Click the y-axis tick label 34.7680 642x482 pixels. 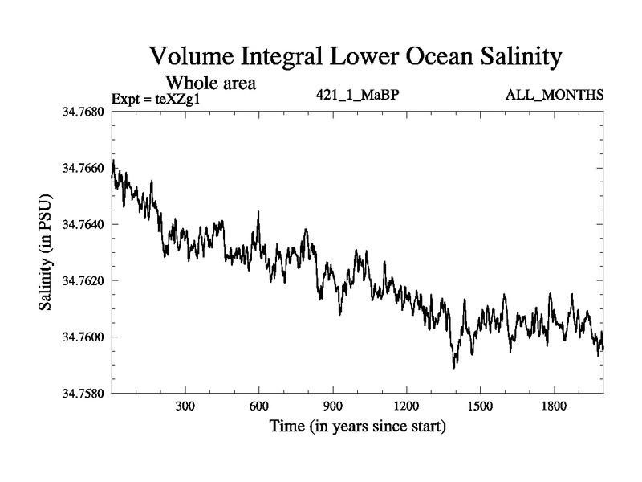point(83,112)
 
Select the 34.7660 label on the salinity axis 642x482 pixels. point(83,168)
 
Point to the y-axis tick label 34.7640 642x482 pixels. point(83,224)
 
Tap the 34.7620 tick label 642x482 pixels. point(83,280)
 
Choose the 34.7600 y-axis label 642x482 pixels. point(83,337)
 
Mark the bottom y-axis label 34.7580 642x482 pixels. point(83,393)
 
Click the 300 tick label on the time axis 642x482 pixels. point(185,406)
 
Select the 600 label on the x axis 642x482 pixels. point(259,406)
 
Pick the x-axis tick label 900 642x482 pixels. point(333,406)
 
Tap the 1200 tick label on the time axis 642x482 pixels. point(407,406)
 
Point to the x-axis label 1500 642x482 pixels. point(480,406)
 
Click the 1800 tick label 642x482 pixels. point(554,406)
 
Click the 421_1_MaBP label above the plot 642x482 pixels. point(358,96)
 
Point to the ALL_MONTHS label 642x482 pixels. point(555,96)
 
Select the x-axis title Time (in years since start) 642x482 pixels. point(357,426)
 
